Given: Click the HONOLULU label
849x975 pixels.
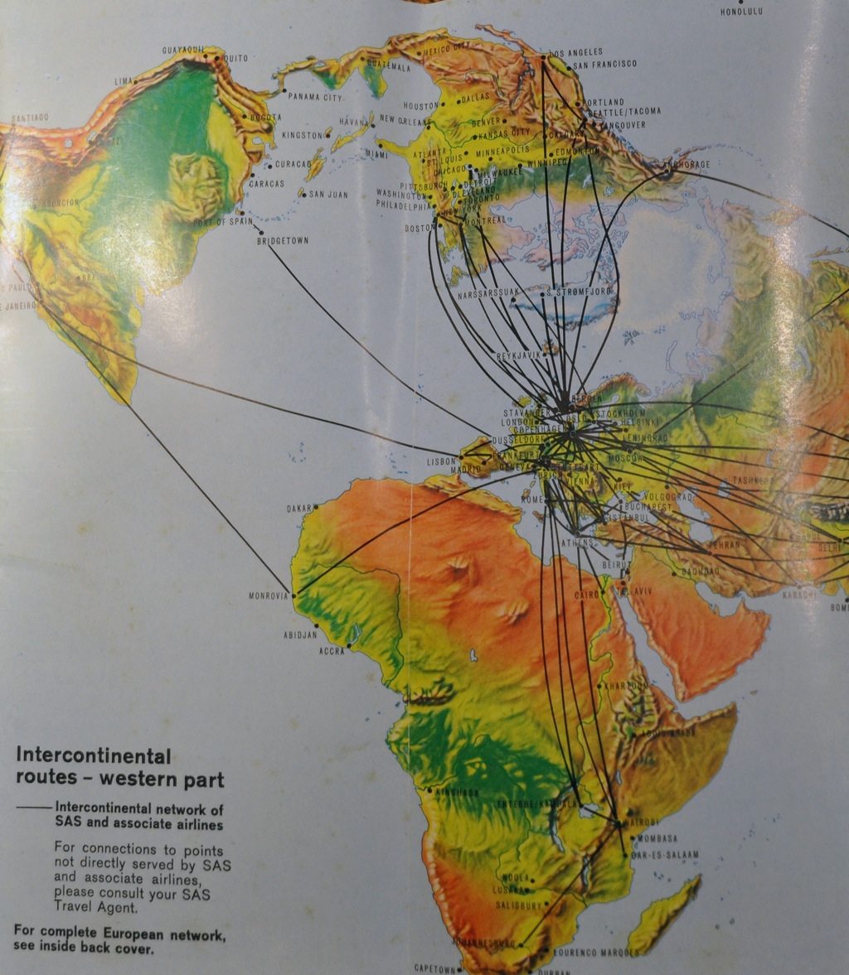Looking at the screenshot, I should click(740, 12).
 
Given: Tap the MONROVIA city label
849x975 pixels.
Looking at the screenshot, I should click(267, 595).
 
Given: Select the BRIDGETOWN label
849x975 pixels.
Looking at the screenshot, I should click(284, 240).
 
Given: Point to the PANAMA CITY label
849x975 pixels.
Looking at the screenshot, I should click(315, 97).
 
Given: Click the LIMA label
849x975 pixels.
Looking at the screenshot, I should click(123, 81).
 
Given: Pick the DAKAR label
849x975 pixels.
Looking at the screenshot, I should click(298, 509).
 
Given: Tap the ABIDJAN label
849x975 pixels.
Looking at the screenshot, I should click(300, 635).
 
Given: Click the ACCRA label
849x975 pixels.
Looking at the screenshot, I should click(331, 651).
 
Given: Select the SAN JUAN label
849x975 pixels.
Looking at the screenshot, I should click(328, 195).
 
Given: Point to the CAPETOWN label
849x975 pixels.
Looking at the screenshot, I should click(434, 968).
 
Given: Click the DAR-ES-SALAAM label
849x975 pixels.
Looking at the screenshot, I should click(665, 853).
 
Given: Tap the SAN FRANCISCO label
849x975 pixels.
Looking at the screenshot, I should click(604, 64).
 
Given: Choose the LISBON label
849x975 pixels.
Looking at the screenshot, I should click(441, 461).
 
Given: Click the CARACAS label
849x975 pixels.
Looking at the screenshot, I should click(266, 183).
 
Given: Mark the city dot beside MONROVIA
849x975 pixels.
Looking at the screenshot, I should click(294, 595).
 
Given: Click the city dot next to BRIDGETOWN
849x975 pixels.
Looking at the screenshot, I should click(260, 232).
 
